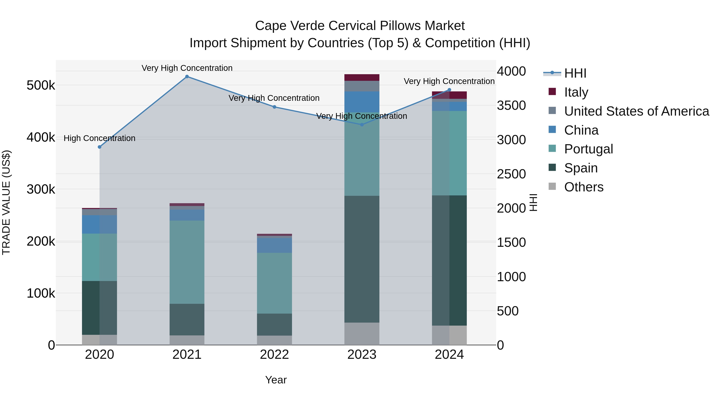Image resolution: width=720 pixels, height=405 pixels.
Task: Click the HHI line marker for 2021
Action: [x=187, y=77]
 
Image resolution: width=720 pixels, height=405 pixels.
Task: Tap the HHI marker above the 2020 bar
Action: [x=100, y=147]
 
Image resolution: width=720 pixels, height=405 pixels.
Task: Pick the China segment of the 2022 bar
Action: [x=274, y=245]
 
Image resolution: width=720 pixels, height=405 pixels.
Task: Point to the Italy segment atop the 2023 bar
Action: [x=362, y=77]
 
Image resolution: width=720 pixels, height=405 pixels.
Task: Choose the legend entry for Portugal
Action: [x=588, y=149]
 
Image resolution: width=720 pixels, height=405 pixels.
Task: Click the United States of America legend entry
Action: [x=636, y=111]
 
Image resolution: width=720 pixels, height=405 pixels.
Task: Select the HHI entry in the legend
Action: [x=575, y=73]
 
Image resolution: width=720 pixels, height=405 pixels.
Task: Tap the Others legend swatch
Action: [x=552, y=186]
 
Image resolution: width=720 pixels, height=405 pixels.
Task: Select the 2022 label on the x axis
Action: [x=274, y=355]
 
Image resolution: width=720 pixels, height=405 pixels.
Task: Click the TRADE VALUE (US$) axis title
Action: [x=6, y=202]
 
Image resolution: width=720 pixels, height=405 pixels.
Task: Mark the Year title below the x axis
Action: [x=276, y=380]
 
